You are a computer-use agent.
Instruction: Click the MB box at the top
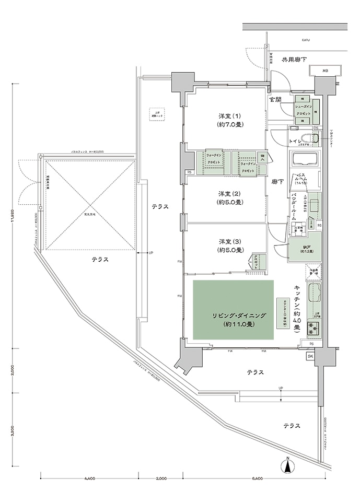[324, 71]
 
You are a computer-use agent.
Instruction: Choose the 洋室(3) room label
[230, 245]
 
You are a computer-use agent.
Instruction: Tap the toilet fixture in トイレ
[315, 138]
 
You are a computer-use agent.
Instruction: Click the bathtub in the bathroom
[306, 159]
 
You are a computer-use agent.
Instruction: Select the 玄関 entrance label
[275, 99]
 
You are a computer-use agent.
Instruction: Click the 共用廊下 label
[294, 60]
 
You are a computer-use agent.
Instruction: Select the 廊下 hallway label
[277, 181]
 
